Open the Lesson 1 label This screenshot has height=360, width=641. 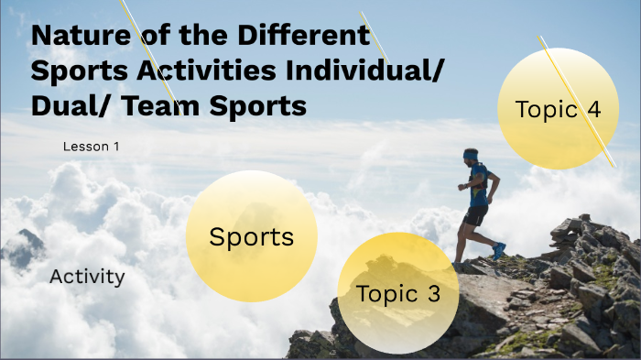pos(91,147)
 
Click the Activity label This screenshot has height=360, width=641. pos(87,277)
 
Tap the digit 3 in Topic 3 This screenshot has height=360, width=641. pos(433,295)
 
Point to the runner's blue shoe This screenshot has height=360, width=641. pos(498,250)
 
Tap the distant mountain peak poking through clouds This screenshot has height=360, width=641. pos(27,241)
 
